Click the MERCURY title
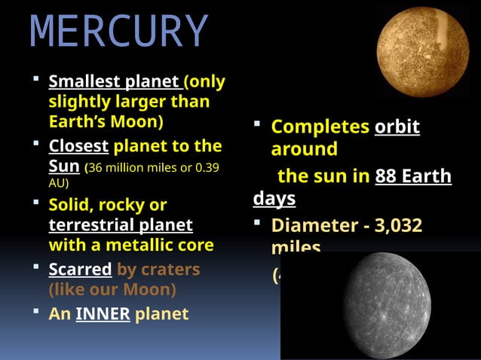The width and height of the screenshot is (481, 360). tap(120, 32)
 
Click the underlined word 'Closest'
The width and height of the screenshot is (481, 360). tap(79, 145)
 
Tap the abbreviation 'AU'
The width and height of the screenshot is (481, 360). tap(57, 183)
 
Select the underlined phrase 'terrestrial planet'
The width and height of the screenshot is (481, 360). tap(121, 224)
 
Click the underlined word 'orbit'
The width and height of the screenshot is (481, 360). tap(397, 127)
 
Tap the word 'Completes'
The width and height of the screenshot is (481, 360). tap(320, 127)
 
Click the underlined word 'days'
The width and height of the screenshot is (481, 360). tap(274, 199)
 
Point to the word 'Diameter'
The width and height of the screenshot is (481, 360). tap(309, 225)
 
